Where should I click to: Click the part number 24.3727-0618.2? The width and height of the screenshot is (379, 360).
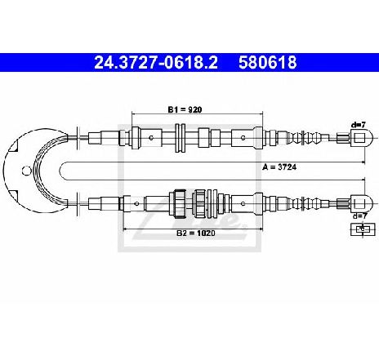tap(156, 62)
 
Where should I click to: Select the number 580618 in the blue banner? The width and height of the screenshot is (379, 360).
tap(267, 62)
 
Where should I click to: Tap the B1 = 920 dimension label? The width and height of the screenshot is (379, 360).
tap(185, 109)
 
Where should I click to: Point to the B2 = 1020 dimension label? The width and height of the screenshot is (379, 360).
tap(196, 233)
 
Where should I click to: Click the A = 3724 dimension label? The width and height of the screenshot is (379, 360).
tap(279, 167)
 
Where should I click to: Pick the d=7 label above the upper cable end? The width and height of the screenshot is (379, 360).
tap(359, 125)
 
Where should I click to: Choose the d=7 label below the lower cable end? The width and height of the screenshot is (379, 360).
tap(360, 216)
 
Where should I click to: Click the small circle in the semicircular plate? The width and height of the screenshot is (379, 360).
tap(26, 171)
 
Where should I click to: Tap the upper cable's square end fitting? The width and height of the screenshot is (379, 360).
tap(361, 137)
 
